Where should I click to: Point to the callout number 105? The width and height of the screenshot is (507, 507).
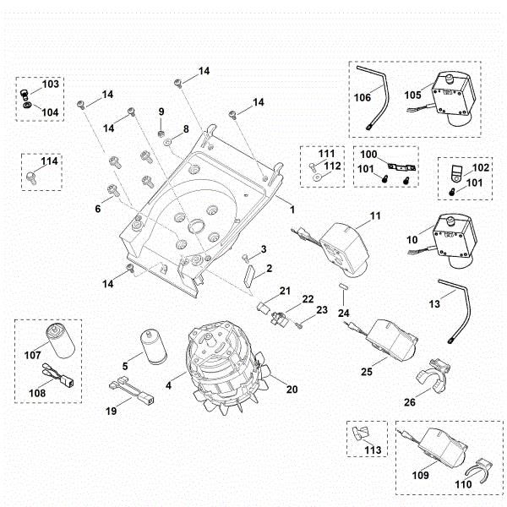(412, 95)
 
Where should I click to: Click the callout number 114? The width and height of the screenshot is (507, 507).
(51, 161)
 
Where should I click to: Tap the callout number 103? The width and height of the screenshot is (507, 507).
(50, 85)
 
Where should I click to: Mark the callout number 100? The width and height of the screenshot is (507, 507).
(369, 155)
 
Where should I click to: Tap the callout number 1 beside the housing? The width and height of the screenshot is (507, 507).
(292, 208)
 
